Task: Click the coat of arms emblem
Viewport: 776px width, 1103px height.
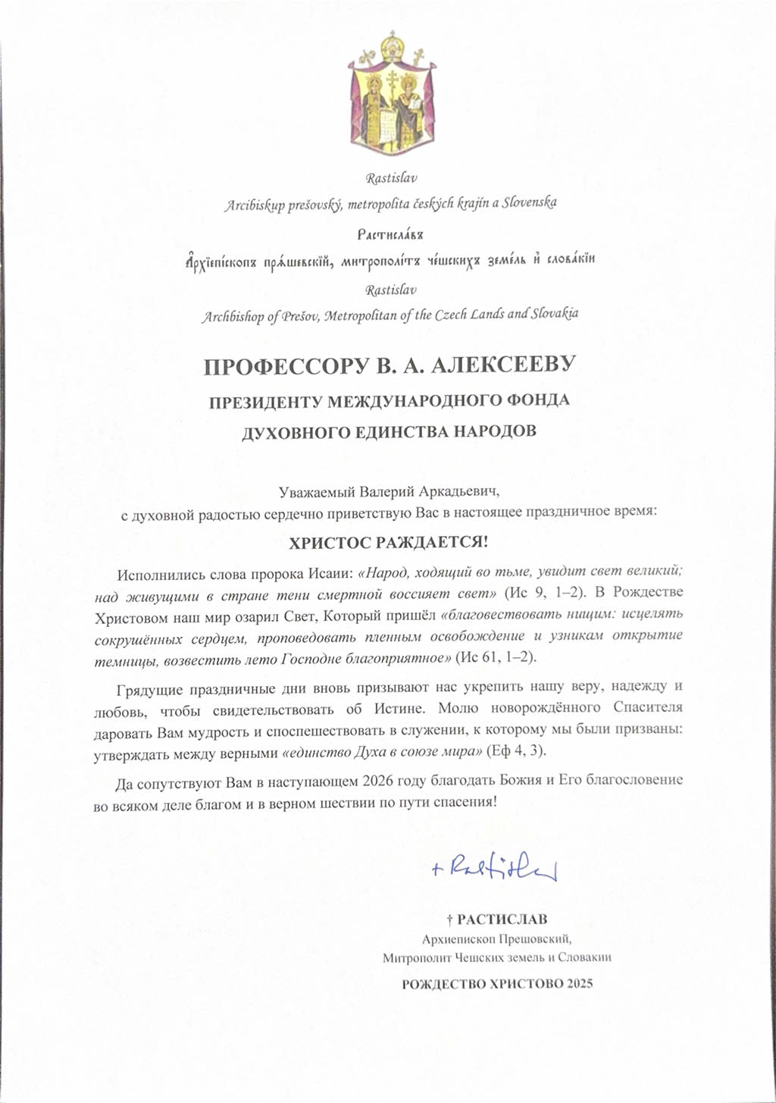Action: click(391, 91)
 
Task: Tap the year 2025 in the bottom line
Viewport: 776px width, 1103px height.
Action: click(579, 985)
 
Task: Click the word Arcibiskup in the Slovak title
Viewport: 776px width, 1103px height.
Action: click(254, 205)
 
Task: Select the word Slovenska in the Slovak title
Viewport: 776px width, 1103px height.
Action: click(530, 203)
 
